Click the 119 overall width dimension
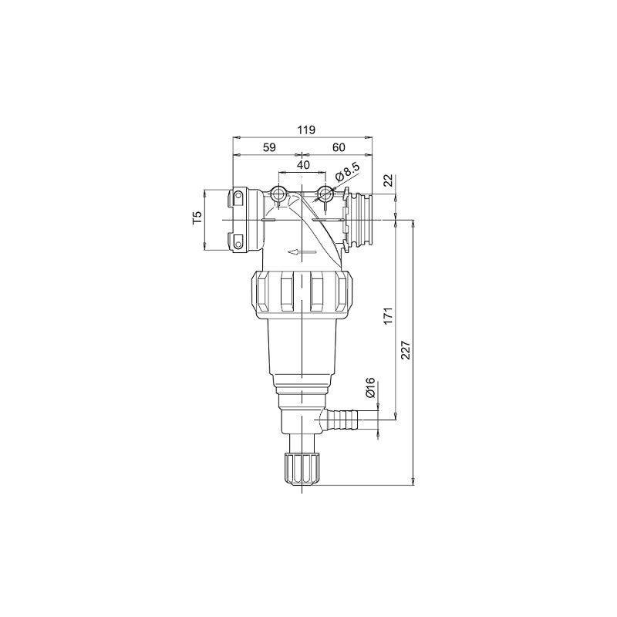[306, 130]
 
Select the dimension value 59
[269, 147]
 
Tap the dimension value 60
[339, 147]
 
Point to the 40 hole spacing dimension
[303, 164]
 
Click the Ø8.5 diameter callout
[347, 173]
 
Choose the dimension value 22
[389, 180]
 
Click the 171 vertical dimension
[389, 316]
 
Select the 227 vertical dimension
[406, 349]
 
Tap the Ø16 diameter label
[371, 389]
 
